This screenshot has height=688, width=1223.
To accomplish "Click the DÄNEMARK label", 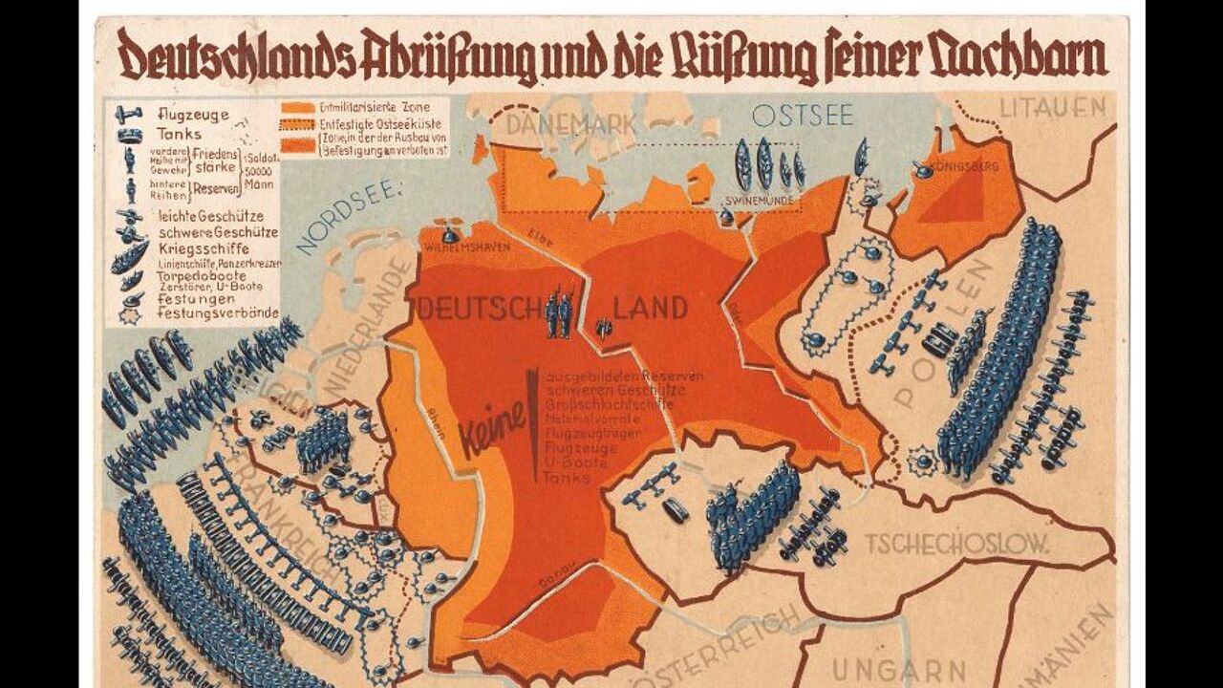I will click(558, 124).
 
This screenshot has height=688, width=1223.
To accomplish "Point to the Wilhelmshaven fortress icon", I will click(450, 232).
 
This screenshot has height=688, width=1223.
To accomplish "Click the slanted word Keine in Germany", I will click(493, 427).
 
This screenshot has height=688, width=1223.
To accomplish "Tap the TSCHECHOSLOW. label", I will click(956, 544).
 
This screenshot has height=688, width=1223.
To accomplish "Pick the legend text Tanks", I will click(179, 135).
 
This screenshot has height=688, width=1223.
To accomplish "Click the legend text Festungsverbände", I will click(218, 312).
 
